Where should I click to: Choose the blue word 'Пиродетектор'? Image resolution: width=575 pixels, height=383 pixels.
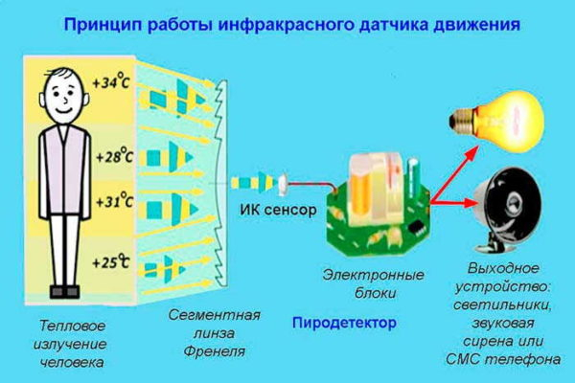click(344, 324)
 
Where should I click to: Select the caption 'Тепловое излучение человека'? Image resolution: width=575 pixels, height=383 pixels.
click(66, 344)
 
